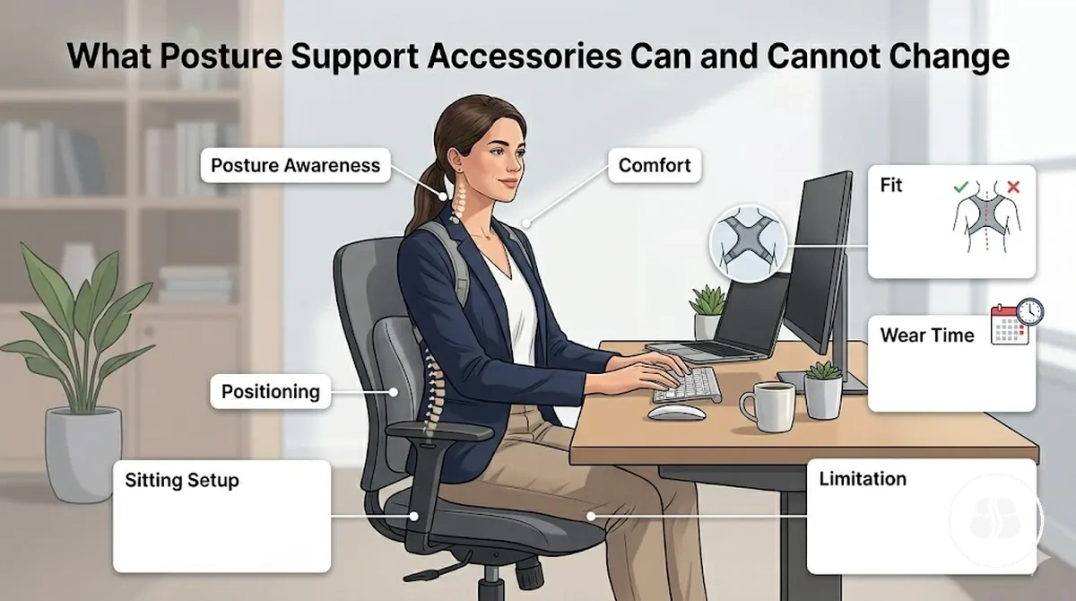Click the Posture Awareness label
click(x=295, y=165)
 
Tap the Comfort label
click(x=655, y=165)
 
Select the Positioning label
click(x=271, y=391)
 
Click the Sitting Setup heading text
click(x=182, y=481)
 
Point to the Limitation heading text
click(x=863, y=479)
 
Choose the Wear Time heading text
click(x=927, y=335)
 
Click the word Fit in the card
click(x=891, y=186)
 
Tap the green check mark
click(x=961, y=187)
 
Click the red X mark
click(x=1013, y=187)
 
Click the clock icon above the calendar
click(x=1030, y=311)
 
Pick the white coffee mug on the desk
click(x=768, y=406)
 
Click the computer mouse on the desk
click(x=676, y=413)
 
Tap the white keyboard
click(x=687, y=386)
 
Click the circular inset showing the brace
click(x=749, y=244)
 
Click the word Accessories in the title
click(x=524, y=57)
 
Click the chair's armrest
click(x=439, y=433)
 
